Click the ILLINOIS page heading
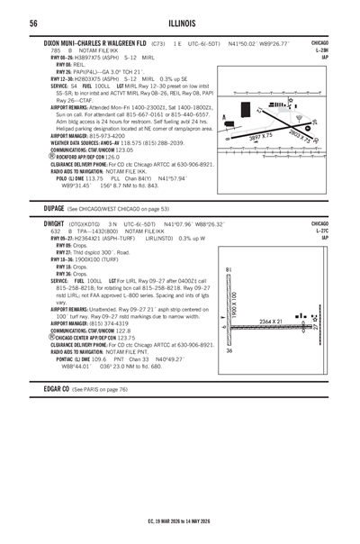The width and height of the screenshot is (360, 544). coord(180,23)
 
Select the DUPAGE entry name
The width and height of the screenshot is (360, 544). coord(58,206)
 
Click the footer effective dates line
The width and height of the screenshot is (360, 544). coord(180,520)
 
